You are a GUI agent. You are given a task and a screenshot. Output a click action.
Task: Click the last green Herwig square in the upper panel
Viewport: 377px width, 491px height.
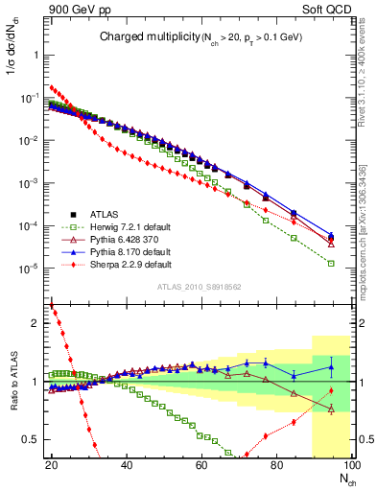click(331, 263)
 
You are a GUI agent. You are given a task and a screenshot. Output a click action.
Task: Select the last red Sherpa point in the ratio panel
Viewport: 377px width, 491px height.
click(331, 390)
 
